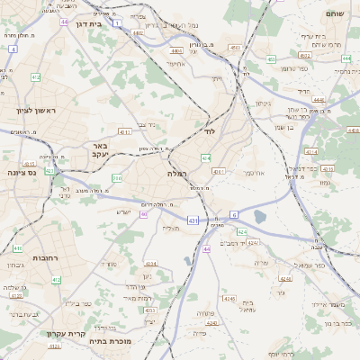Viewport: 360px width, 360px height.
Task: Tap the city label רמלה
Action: pos(175,172)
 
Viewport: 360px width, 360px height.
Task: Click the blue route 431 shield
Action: pos(193,220)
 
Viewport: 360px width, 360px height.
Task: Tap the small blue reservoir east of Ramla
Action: pos(260,216)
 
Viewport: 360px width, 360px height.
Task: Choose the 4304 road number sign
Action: pos(151,264)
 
